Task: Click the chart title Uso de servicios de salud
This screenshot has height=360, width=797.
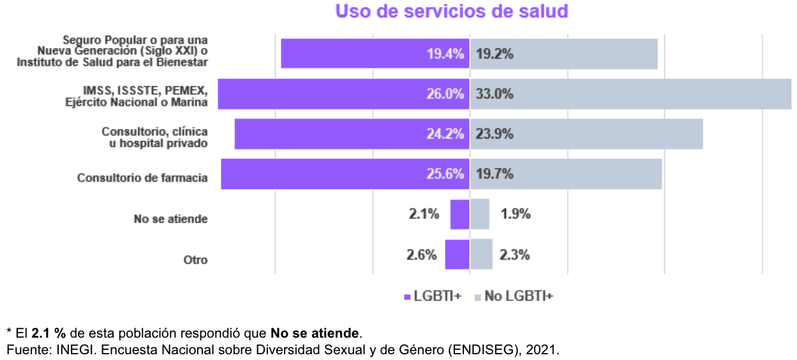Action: click(452, 12)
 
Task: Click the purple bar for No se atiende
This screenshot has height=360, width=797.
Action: click(459, 214)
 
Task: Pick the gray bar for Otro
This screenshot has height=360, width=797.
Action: click(482, 254)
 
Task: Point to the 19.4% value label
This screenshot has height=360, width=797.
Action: click(445, 54)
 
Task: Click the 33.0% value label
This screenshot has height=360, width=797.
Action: click(495, 94)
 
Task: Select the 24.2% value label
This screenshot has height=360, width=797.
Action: click(445, 135)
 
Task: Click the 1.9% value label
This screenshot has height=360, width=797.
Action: click(516, 214)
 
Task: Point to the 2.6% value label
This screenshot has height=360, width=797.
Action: click(422, 255)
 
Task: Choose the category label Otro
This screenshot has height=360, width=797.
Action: click(195, 260)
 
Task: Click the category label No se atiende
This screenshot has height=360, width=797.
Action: click(170, 219)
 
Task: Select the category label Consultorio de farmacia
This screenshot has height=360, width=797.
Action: click(142, 178)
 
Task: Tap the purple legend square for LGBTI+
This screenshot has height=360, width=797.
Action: click(408, 297)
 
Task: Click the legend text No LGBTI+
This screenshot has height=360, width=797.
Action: click(518, 296)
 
